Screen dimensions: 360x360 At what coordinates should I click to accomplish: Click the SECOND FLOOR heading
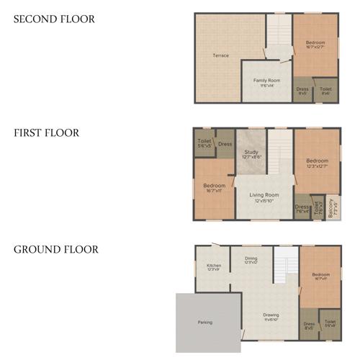[54, 19]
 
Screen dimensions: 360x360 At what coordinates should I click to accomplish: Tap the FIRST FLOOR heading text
[46, 133]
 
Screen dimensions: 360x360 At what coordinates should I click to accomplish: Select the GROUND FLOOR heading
[55, 250]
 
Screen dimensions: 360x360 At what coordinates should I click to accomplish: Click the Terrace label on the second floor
[220, 55]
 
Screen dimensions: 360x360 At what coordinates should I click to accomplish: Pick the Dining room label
[251, 259]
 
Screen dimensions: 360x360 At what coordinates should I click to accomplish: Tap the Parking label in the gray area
[205, 322]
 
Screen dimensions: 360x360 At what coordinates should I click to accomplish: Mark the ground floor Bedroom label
[320, 276]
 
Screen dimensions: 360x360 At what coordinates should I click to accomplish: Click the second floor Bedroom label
[315, 45]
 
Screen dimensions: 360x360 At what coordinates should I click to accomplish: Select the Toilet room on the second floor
[325, 91]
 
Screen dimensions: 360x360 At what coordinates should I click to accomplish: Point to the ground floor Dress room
[309, 325]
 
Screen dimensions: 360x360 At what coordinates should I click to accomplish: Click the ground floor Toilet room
[330, 324]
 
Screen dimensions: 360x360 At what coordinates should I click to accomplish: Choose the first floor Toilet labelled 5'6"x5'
[204, 143]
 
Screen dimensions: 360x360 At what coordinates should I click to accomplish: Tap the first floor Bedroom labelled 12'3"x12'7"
[317, 162]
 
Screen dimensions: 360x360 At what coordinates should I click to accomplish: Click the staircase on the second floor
[279, 36]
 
